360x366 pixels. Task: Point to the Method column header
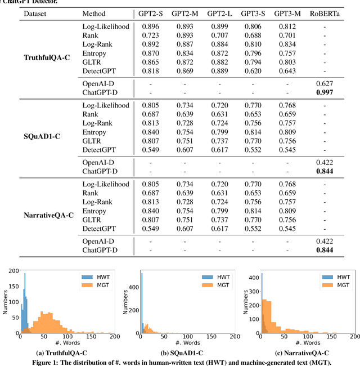[x=93, y=14]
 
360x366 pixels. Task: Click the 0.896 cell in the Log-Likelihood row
[x=150, y=26]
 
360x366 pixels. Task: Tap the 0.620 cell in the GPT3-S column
[x=252, y=71]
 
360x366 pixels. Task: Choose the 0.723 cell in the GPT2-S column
[x=150, y=35]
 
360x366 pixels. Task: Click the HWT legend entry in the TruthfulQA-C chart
[x=93, y=278]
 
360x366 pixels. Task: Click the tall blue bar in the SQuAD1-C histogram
[x=141, y=304]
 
